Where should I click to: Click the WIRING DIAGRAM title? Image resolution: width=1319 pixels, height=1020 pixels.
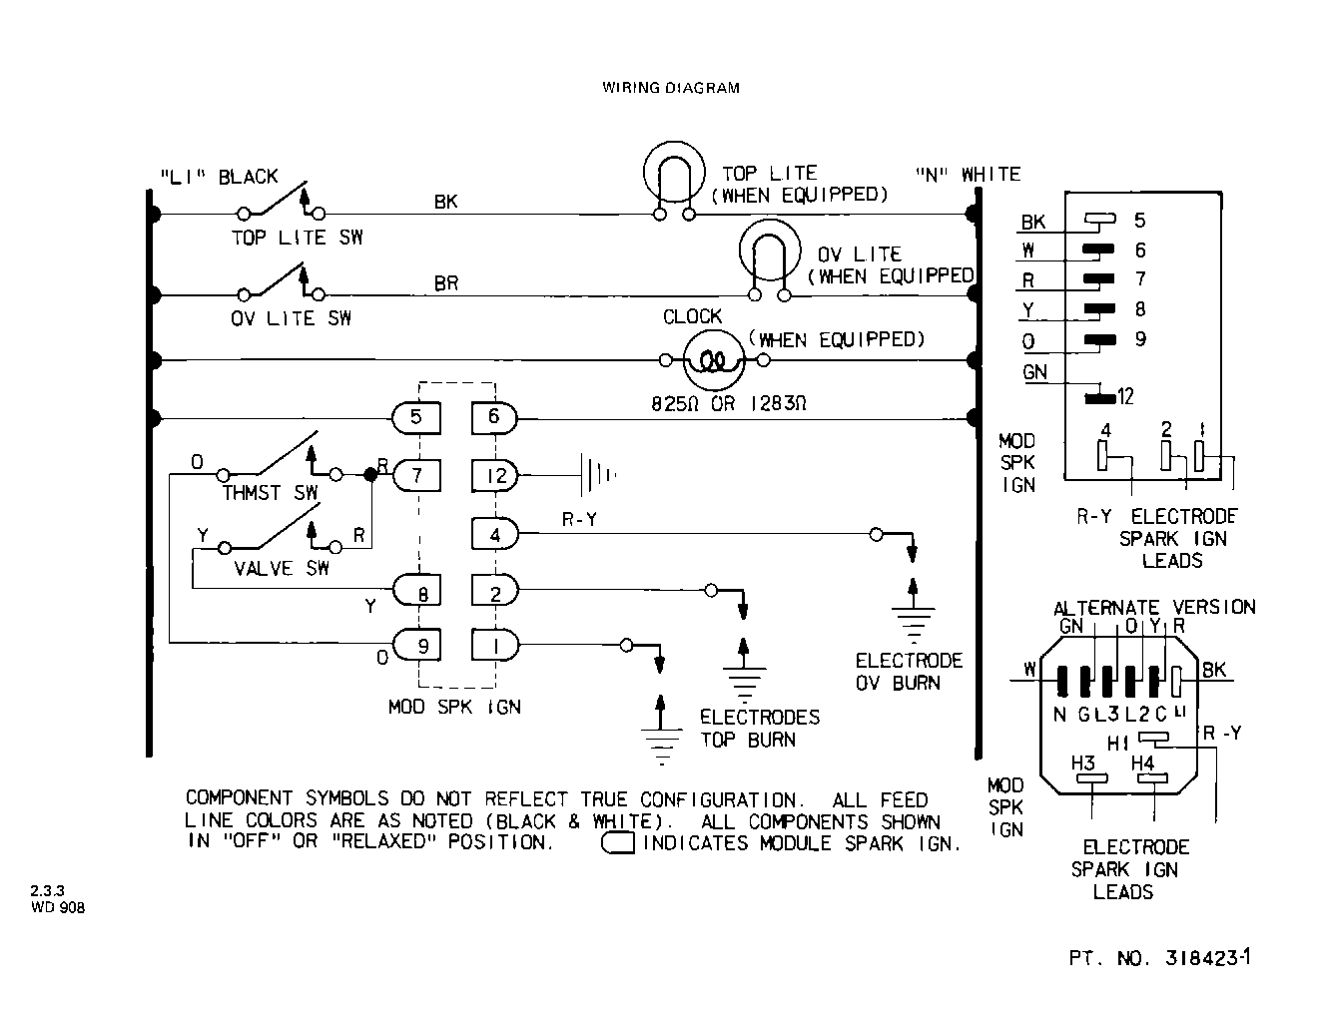671,88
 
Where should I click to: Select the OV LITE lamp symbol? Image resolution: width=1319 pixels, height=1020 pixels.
769,257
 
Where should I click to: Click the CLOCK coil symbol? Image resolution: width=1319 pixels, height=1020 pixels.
713,360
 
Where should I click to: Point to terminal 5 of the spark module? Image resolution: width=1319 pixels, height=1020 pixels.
416,416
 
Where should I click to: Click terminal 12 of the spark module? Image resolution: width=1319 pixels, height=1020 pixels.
495,475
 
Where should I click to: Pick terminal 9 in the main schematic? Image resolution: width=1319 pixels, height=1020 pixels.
421,646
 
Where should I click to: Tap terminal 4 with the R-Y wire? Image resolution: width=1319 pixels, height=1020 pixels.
495,534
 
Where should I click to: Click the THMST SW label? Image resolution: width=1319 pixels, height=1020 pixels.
270,494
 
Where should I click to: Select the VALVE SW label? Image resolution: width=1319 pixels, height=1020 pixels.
281,569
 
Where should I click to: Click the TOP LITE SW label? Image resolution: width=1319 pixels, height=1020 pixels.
297,238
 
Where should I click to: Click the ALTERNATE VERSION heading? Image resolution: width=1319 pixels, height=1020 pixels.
1154,607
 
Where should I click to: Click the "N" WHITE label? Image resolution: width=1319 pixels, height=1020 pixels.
968,175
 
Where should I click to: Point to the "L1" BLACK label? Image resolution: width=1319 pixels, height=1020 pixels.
219,177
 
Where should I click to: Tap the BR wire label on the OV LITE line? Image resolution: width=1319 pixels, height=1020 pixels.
446,283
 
